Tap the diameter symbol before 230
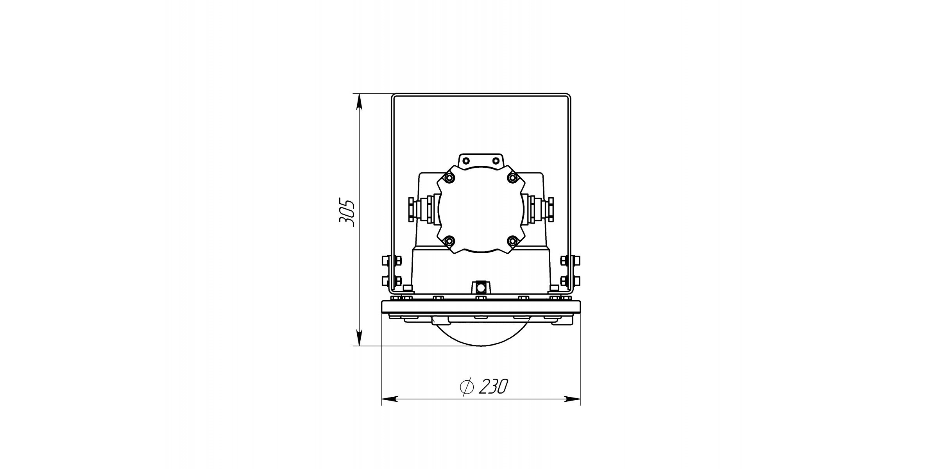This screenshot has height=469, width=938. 467,387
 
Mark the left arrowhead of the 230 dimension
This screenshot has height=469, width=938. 390,399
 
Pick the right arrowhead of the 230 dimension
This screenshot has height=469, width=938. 572,399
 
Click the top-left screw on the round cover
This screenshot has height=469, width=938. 449,178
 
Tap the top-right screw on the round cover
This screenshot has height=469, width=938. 512,178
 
